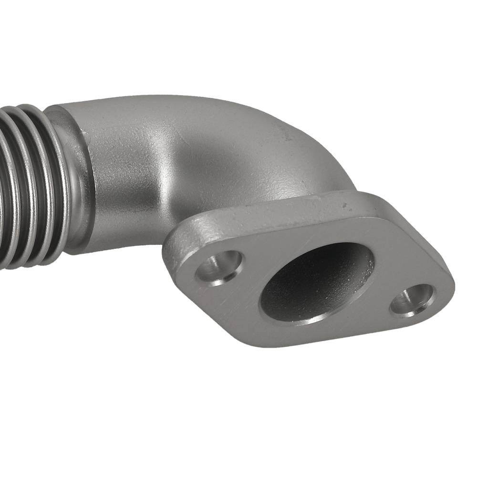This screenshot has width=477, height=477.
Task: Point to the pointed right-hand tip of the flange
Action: (451, 286)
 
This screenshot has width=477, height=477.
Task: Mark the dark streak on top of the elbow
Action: (286, 136)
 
